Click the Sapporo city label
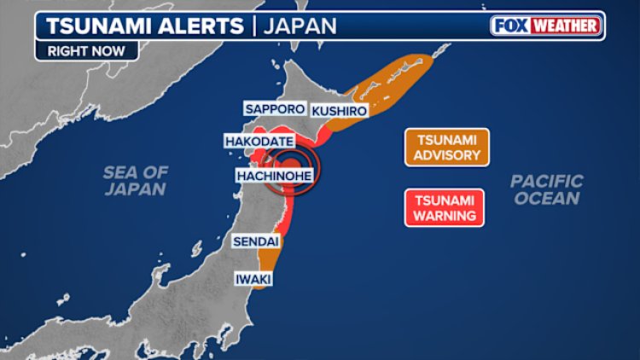coord(274,109)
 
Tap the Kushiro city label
coord(339,111)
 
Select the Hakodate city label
coord(259,141)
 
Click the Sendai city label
coord(255,242)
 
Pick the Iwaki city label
coord(253,279)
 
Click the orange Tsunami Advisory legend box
coord(447,147)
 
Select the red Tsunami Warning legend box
coord(444,207)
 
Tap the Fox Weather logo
coord(546,25)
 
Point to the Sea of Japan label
coord(135,180)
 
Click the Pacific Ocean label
coord(546,189)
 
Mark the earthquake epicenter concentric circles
coord(292,165)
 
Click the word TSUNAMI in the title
coord(90,25)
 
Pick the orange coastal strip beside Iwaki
coord(270,266)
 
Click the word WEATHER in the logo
coord(566,25)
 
